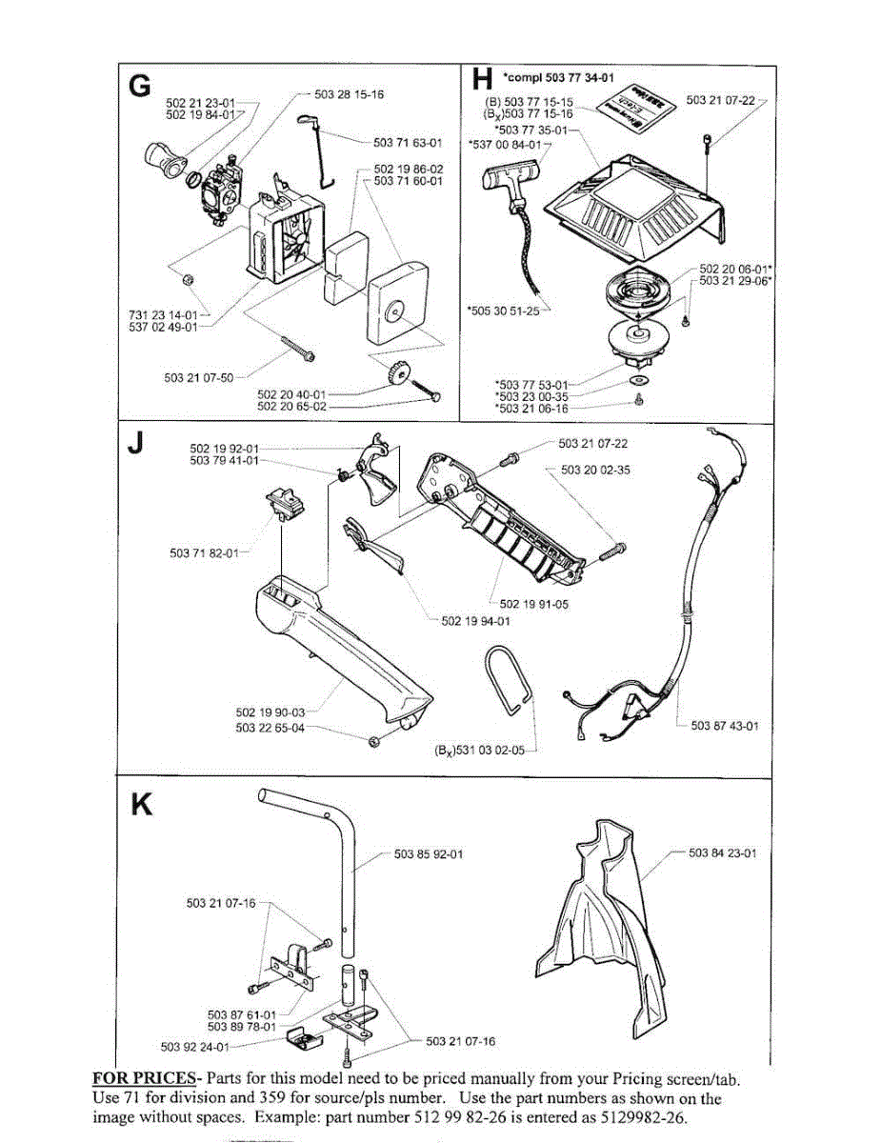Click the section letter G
(139, 85)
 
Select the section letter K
(141, 806)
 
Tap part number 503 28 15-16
(349, 94)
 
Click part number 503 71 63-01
(409, 143)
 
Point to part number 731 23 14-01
(162, 314)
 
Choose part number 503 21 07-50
(198, 377)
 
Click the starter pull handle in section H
(510, 177)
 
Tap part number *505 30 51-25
(503, 310)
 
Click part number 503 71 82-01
(203, 553)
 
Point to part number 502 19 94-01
(476, 621)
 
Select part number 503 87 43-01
(725, 726)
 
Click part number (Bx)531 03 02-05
(479, 751)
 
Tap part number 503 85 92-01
(429, 853)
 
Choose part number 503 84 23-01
(722, 852)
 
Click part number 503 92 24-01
(195, 1046)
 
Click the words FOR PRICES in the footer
(142, 1079)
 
